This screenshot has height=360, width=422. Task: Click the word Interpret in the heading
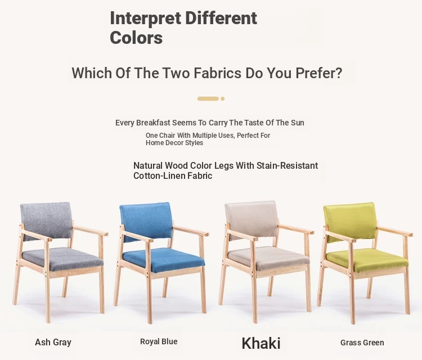click(146, 19)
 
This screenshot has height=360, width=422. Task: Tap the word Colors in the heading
click(136, 38)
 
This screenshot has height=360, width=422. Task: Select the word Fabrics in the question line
click(217, 73)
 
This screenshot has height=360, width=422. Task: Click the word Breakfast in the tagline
click(153, 123)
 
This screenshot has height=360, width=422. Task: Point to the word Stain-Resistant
click(287, 165)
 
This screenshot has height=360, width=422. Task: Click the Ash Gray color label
click(53, 342)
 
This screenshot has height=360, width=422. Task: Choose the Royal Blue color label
click(159, 341)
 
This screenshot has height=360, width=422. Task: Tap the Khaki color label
click(261, 343)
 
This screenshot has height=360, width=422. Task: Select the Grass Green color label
click(362, 343)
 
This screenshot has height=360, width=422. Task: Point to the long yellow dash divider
click(208, 99)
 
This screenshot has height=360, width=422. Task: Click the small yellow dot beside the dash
click(223, 99)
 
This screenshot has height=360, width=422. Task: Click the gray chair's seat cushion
click(62, 259)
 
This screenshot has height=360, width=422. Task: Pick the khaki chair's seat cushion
click(269, 259)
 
